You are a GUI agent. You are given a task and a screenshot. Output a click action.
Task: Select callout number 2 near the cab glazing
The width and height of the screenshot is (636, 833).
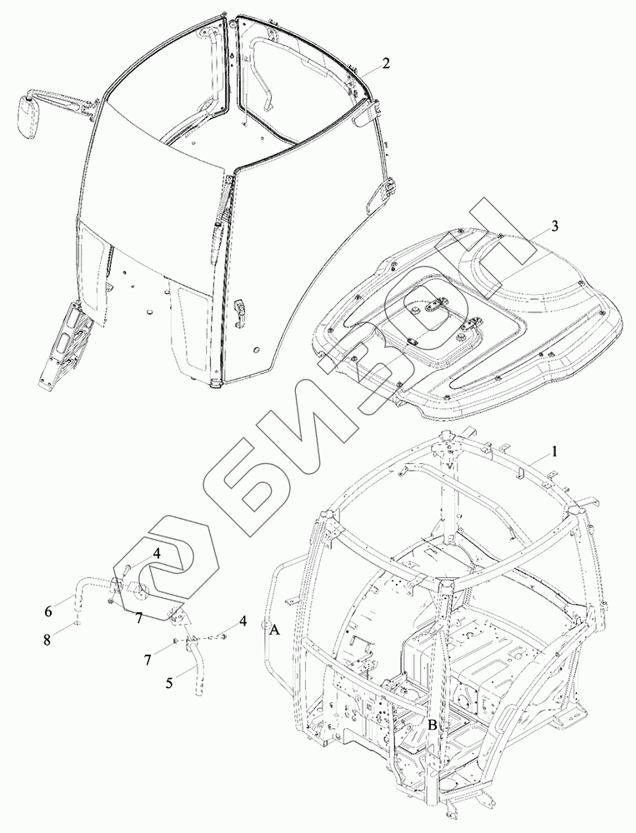[386, 63]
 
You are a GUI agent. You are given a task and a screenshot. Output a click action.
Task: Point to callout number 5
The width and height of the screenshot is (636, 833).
[169, 683]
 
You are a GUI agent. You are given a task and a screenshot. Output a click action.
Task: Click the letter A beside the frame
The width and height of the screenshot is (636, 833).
[273, 632]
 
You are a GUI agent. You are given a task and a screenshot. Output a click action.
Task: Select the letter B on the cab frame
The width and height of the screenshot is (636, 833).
[432, 725]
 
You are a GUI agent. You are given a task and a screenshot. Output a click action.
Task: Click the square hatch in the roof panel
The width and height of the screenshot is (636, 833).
[423, 321]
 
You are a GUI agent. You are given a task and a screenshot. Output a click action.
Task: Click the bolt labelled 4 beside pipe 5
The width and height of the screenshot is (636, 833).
[223, 637]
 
